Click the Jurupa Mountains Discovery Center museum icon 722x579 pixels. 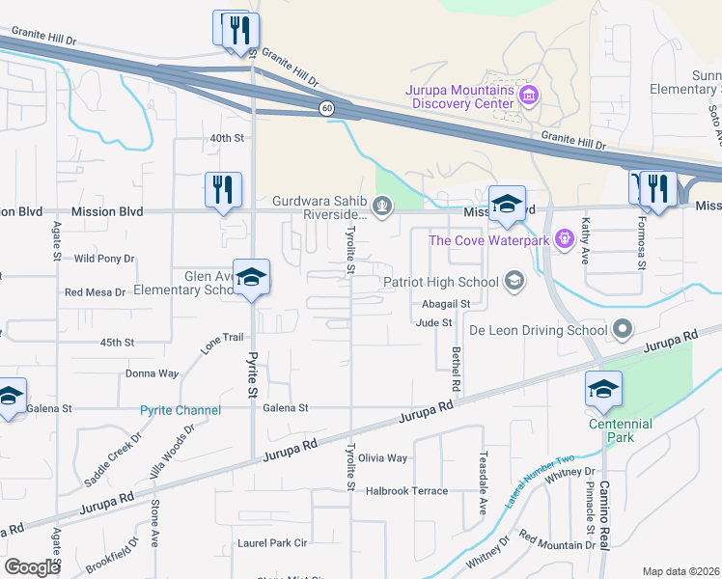tap(529, 96)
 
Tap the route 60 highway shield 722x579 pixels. tap(327, 109)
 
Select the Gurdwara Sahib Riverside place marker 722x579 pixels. tap(383, 205)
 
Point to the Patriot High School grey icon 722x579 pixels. tap(514, 282)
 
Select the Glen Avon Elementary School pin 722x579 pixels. tap(251, 279)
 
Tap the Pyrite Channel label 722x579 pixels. tap(180, 410)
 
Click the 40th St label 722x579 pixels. tap(227, 138)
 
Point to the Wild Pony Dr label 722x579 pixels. tap(104, 259)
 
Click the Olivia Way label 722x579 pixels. tap(383, 458)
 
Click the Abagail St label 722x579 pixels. tap(445, 303)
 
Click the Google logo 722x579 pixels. tap(32, 567)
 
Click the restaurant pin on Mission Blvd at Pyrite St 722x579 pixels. tap(222, 190)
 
